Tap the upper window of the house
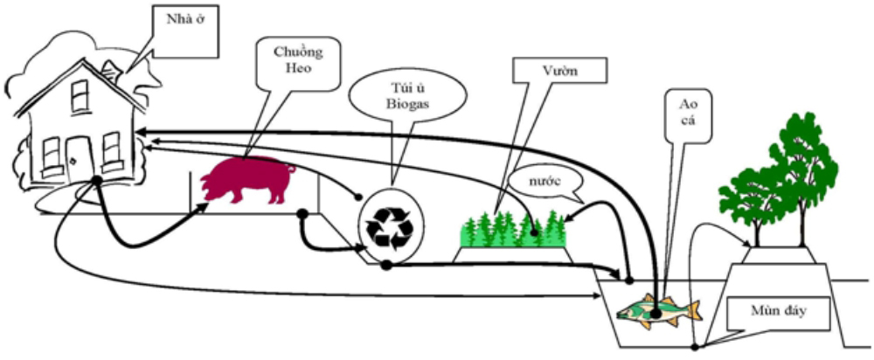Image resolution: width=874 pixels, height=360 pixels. click(80, 95)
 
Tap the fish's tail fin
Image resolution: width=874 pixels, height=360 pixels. click(692, 310)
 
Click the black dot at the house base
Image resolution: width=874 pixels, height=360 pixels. click(95, 181)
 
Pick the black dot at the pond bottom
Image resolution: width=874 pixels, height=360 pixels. click(696, 346)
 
